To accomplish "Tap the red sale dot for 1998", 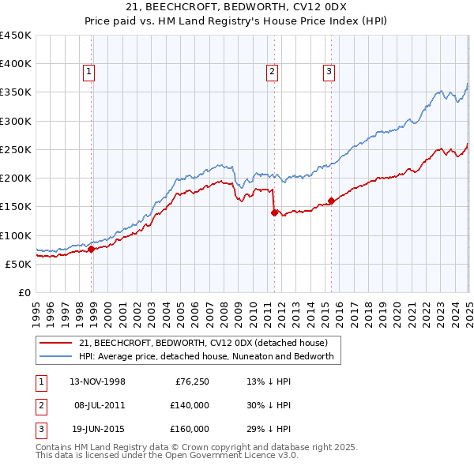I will tap(92, 249).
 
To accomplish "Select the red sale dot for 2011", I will tap(274, 212).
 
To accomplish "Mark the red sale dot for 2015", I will tap(331, 201).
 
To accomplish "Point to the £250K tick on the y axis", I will tap(16, 149).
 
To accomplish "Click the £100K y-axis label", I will tap(16, 235).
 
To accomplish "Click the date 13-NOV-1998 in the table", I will tap(97, 381).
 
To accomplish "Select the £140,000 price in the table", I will tap(190, 405).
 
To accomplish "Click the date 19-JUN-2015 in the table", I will tap(97, 429).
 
